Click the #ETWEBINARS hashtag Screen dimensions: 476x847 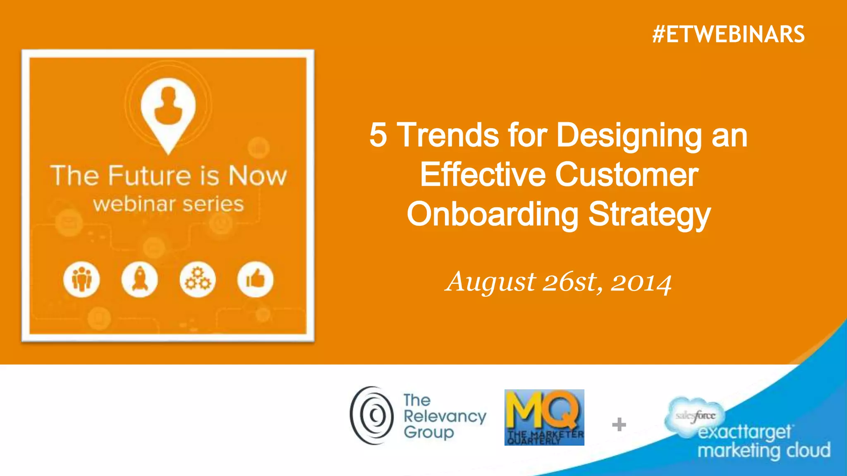(x=728, y=34)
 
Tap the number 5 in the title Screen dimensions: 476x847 (x=378, y=135)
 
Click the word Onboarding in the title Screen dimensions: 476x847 (x=493, y=214)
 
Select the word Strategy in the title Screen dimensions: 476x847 (x=649, y=214)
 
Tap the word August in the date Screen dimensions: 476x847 (x=490, y=283)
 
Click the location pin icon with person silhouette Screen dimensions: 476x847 (x=168, y=112)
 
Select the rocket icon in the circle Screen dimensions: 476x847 (x=140, y=279)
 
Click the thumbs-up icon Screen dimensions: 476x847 (x=256, y=279)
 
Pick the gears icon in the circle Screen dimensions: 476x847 (x=198, y=279)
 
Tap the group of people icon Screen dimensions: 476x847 (x=82, y=279)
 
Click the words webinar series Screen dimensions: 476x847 (x=168, y=204)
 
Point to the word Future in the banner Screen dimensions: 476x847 (x=150, y=176)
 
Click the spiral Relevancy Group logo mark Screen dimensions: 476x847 (x=372, y=416)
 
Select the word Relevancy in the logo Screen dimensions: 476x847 (x=445, y=416)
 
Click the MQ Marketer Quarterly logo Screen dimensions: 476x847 (x=544, y=417)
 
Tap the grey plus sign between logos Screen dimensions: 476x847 (x=619, y=424)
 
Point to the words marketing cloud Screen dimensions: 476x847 (x=764, y=450)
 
